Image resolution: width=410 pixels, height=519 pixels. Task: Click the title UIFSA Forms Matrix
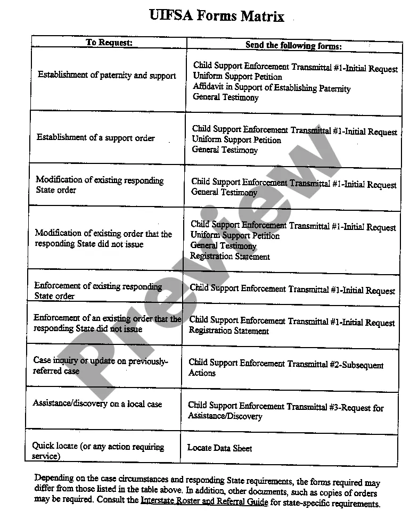click(217, 16)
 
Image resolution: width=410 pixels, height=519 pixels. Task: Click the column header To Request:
click(109, 43)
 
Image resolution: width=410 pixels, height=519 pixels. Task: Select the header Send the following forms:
click(293, 45)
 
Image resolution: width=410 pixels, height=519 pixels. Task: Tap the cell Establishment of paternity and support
click(106, 75)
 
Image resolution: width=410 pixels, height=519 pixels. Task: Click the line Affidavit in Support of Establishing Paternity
click(272, 87)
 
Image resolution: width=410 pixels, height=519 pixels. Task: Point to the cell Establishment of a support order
click(95, 137)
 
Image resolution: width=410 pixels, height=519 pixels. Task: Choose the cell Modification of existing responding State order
click(100, 185)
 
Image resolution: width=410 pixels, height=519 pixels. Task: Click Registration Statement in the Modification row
click(230, 256)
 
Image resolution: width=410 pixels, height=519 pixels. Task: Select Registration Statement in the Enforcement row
click(229, 331)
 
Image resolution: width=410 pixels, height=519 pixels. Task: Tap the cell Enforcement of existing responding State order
click(98, 291)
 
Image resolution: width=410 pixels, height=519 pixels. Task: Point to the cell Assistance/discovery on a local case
click(97, 403)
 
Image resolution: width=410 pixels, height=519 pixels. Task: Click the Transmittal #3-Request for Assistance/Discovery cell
click(285, 411)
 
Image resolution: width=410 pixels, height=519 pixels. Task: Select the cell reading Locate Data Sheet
click(219, 448)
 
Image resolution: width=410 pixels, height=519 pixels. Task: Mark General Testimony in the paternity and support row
click(226, 97)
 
